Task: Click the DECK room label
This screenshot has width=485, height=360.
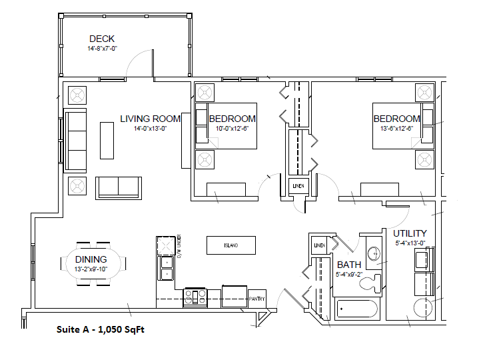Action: point(102,39)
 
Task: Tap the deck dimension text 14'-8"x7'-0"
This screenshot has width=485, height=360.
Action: point(102,49)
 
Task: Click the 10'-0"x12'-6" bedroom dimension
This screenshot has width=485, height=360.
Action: point(232,129)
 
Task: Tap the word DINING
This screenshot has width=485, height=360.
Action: point(91,259)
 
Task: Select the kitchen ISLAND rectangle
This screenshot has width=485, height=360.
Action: point(231,245)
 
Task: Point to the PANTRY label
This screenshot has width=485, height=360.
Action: point(257,299)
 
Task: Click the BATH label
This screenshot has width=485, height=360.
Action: point(349,264)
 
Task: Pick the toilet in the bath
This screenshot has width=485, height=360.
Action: point(369,285)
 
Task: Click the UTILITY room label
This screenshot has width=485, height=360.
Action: point(410,233)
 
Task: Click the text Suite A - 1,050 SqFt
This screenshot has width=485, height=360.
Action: point(100,329)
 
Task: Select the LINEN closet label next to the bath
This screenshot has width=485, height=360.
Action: point(319,246)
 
